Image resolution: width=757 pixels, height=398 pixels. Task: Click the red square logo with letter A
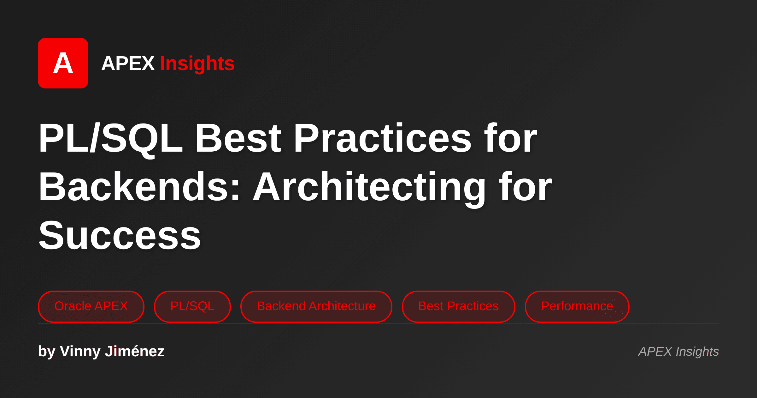coord(63,63)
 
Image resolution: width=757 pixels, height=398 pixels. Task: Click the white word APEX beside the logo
coord(128,63)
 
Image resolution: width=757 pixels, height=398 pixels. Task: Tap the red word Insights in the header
coord(197,63)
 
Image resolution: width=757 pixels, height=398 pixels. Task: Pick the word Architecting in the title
coord(369,187)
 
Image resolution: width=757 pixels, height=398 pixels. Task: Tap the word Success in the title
coord(120,235)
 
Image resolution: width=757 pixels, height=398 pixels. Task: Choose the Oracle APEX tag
coord(91,306)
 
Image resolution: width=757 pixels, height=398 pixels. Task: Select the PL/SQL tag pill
coord(192,306)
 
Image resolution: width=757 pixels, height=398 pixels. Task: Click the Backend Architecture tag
coord(316,306)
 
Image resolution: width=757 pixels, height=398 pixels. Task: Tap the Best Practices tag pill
coord(458,306)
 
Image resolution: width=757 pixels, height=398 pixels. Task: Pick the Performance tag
coord(577,306)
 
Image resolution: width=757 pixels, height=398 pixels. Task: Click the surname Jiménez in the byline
coord(134,351)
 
